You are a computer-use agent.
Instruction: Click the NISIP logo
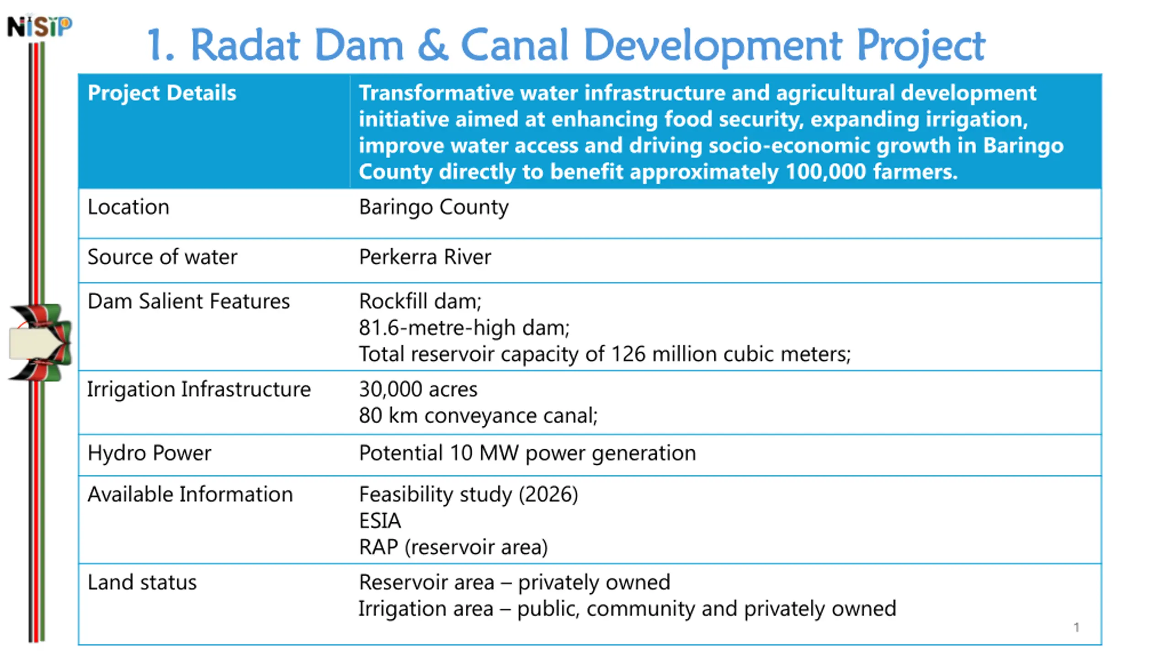(40, 26)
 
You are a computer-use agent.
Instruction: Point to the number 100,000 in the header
(826, 172)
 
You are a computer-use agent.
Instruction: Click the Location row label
(128, 207)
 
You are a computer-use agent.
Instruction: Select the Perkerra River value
(425, 257)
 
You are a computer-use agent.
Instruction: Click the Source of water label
(162, 257)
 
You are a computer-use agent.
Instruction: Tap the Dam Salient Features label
(189, 302)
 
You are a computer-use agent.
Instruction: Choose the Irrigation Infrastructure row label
(199, 389)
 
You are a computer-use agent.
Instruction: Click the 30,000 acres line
(418, 390)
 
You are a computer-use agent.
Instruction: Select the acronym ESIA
(380, 521)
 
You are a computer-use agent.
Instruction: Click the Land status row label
(142, 583)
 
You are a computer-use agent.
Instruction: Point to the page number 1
(1076, 627)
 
